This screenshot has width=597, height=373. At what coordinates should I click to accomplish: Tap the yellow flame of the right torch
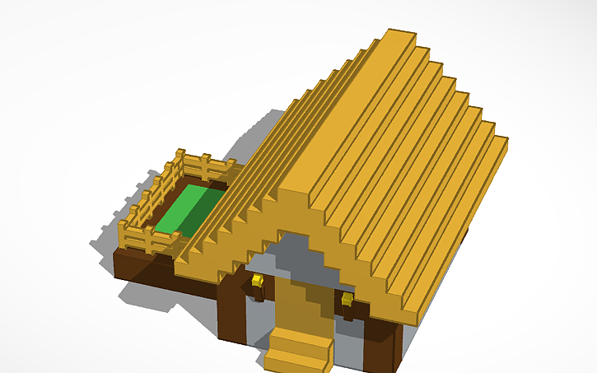pos(347,298)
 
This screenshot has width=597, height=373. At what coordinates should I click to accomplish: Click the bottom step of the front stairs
pos(296,360)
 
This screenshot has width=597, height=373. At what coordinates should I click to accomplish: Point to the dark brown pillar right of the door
pos(382,346)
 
